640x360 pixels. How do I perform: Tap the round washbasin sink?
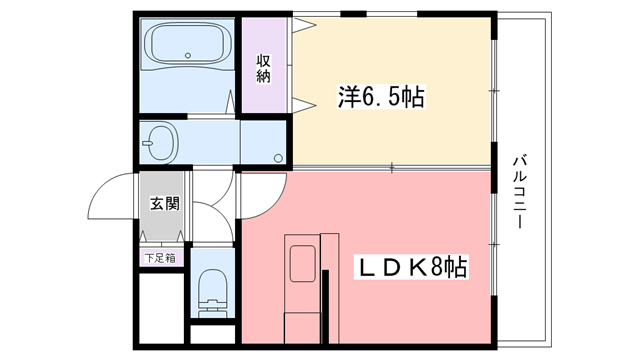tap(159, 141)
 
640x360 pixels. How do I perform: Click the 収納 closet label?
tap(264, 67)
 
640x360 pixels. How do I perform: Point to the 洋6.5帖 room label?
tap(380, 98)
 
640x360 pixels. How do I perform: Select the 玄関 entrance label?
tap(164, 204)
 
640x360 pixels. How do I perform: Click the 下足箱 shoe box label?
tap(159, 258)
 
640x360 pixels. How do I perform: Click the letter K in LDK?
tap(413, 268)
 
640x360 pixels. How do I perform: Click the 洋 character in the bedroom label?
tap(347, 98)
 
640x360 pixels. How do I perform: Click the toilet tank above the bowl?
tap(211, 270)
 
